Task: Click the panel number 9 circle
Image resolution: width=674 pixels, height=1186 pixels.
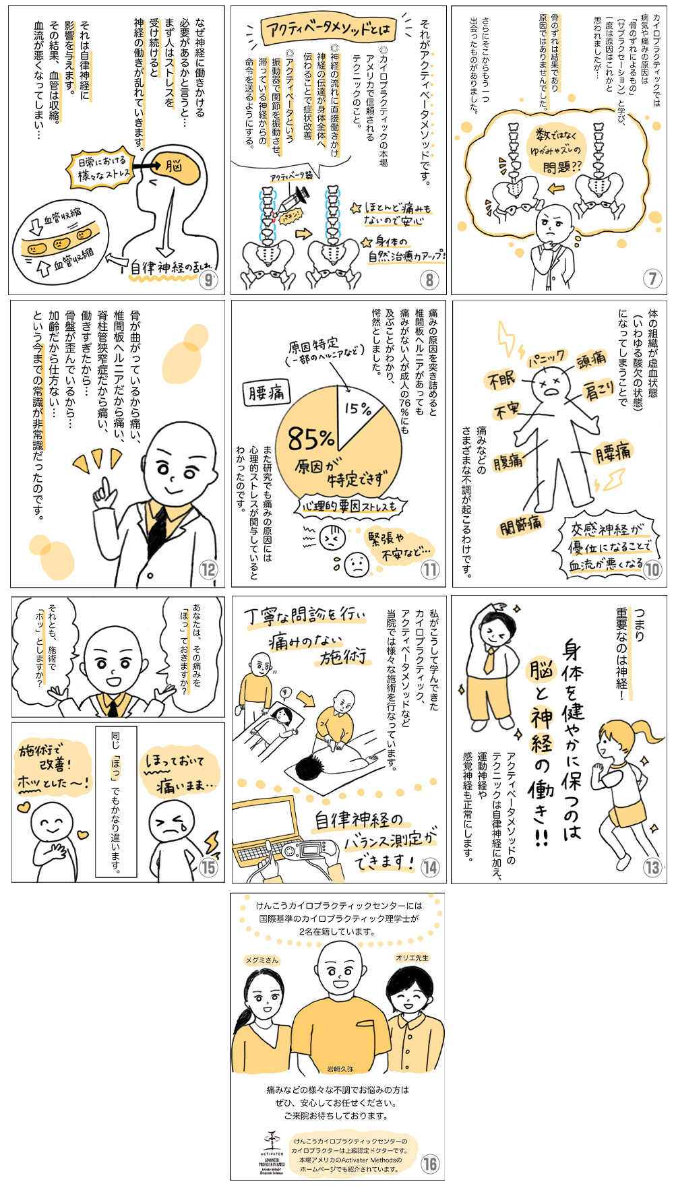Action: [209, 280]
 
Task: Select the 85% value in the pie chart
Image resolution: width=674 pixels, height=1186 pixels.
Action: [311, 439]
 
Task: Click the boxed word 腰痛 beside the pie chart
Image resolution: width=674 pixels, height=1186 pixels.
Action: [266, 392]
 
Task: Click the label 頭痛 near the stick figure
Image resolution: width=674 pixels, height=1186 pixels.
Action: [591, 360]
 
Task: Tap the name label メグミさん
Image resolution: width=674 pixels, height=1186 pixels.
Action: [262, 960]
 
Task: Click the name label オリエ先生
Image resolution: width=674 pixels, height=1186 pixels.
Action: [412, 958]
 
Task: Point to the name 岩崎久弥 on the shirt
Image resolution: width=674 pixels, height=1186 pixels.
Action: [340, 1069]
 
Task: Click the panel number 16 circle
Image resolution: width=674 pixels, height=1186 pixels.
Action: [429, 1164]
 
